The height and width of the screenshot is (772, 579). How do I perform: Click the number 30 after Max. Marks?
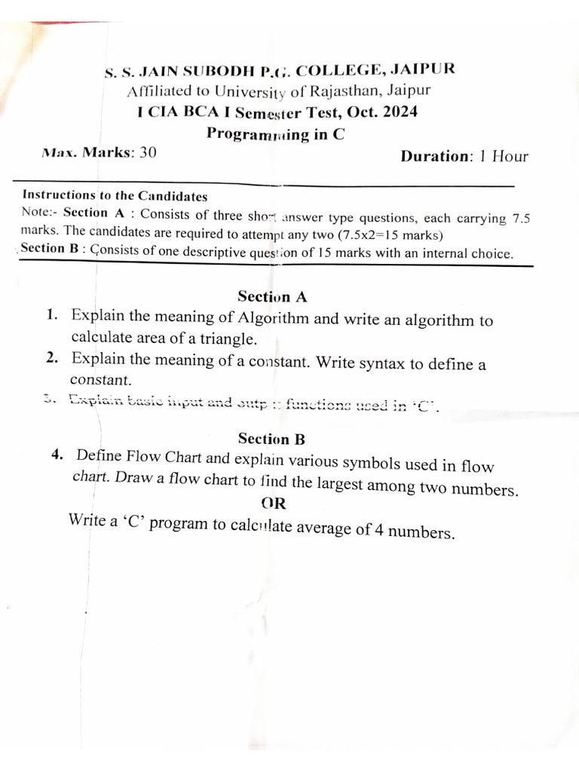pyautogui.click(x=148, y=153)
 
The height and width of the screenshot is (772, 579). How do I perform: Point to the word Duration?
pyautogui.click(x=435, y=157)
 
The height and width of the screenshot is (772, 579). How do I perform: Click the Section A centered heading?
pyautogui.click(x=272, y=296)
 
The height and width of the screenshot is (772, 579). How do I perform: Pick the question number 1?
pyautogui.click(x=51, y=315)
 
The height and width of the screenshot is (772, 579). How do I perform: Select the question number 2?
pyautogui.click(x=51, y=359)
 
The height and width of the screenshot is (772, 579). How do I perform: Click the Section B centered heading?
pyautogui.click(x=271, y=438)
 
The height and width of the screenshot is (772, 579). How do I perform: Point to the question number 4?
pyautogui.click(x=57, y=455)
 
